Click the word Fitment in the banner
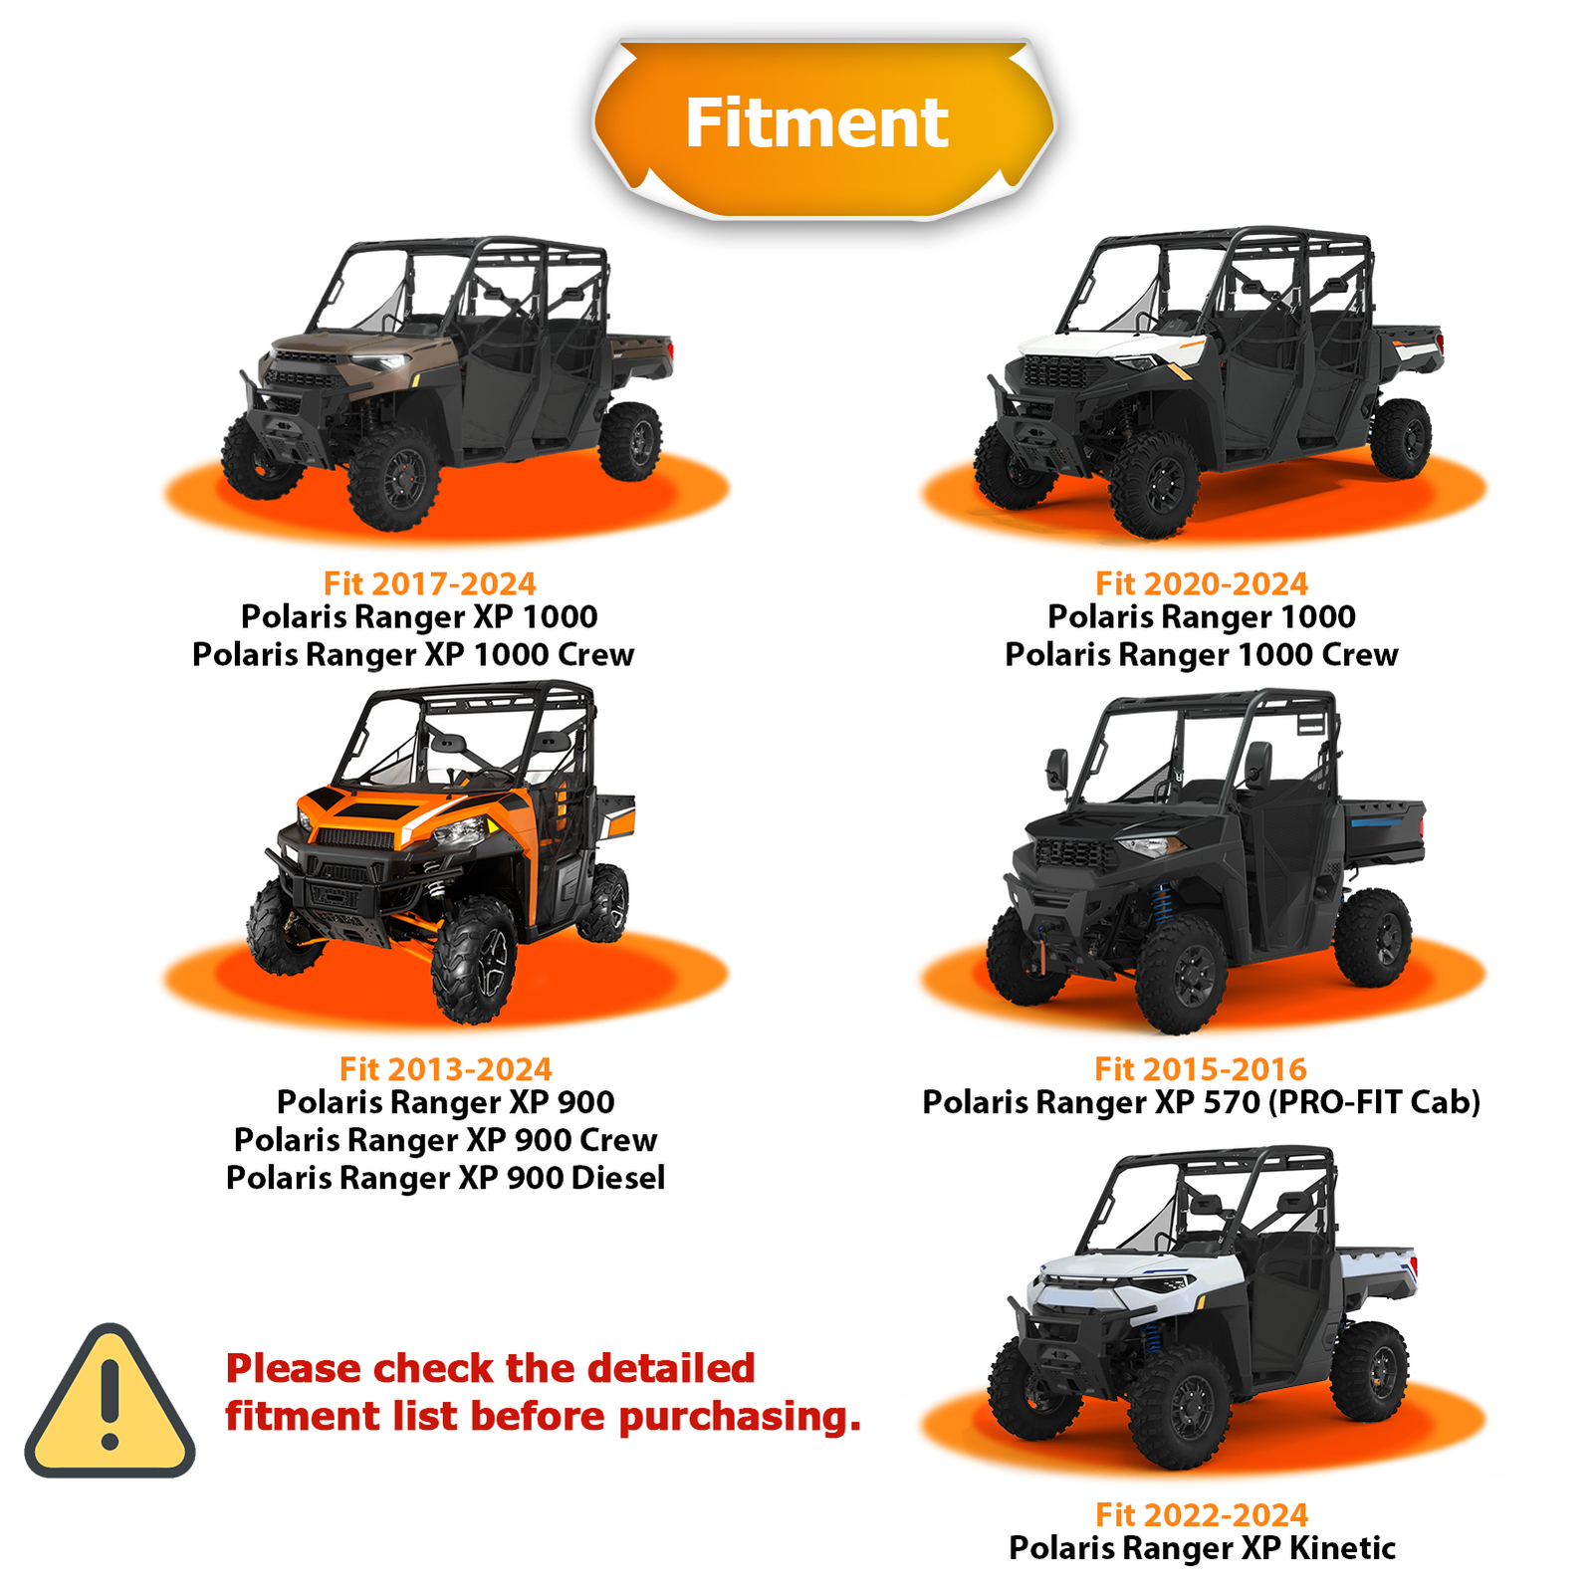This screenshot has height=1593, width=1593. (x=816, y=123)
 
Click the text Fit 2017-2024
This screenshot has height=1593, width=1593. (x=429, y=583)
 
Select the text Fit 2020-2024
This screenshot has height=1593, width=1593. (x=1201, y=583)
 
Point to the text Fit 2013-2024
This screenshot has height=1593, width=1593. (x=445, y=1069)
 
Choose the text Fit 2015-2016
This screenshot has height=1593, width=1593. (x=1200, y=1069)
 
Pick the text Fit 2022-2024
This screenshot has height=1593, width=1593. (x=1201, y=1514)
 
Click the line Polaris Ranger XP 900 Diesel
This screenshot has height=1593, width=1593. (x=445, y=1178)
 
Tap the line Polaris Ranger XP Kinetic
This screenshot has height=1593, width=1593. (x=1202, y=1548)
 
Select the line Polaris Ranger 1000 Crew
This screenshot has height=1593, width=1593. (x=1201, y=655)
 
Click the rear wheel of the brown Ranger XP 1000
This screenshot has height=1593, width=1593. (x=630, y=441)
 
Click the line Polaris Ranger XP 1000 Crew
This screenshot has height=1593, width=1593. (x=413, y=655)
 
